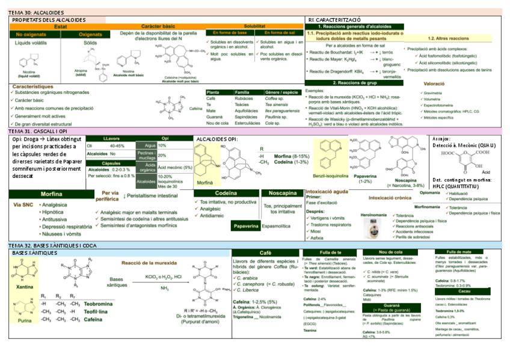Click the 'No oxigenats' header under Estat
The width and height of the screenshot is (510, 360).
[x=26, y=35]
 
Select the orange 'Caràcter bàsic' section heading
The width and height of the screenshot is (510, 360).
[x=158, y=27]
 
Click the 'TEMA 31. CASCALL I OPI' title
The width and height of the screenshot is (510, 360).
[x=37, y=131]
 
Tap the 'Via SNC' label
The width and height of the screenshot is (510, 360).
[x=24, y=205]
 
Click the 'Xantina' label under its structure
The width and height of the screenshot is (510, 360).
[x=25, y=287]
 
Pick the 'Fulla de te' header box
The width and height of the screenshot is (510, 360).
[x=331, y=252]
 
